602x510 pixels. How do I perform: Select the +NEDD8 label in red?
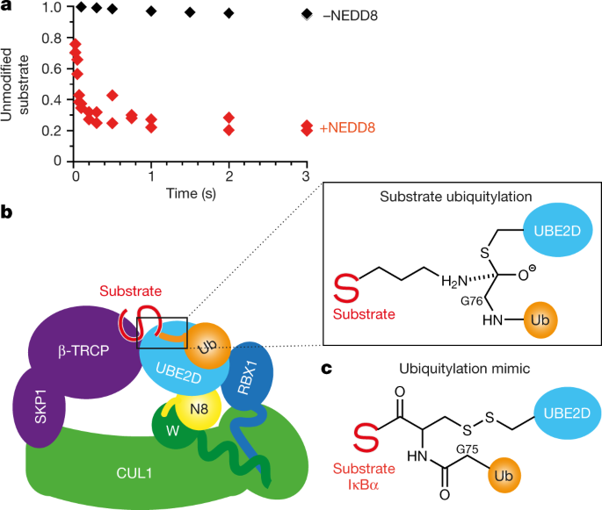[347, 128]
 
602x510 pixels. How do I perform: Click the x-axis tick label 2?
[228, 176]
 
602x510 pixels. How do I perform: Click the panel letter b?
[7, 212]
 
